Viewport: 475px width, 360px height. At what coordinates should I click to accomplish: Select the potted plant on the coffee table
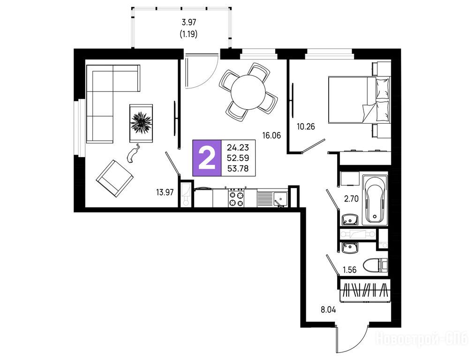pos(141,123)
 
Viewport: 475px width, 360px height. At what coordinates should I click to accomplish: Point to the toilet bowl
pos(372,265)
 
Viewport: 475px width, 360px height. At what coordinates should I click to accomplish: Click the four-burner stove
pos(236,198)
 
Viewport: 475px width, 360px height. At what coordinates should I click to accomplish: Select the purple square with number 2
pos(207,158)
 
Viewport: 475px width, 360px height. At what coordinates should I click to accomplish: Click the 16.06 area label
pos(271,135)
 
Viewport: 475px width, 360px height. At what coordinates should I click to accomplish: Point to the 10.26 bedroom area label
pos(306,127)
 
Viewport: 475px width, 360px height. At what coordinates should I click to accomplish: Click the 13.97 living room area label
pos(165,192)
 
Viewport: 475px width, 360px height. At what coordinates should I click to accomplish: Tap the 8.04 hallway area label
pos(328,310)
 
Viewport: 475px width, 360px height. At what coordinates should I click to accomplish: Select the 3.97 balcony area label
pos(188,22)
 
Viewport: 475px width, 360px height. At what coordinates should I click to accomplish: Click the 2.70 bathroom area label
pos(351,199)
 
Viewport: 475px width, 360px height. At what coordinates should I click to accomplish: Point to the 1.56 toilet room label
pos(350,270)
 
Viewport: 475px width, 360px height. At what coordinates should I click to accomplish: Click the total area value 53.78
pos(238,168)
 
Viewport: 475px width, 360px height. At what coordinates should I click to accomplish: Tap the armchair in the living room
pos(114,179)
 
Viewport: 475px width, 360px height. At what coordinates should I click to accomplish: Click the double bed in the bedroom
pos(359,100)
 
